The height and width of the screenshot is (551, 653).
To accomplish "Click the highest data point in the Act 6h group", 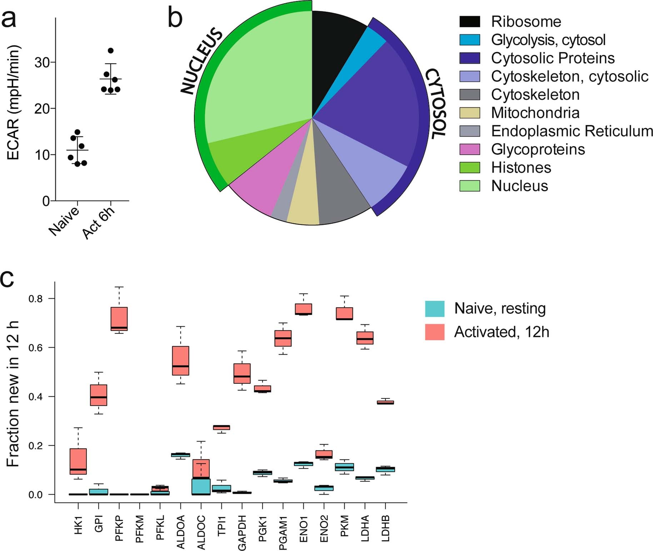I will click(110, 51).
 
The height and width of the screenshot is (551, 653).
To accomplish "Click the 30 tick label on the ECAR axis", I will click(42, 63).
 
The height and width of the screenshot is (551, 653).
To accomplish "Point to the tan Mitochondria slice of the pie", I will click(303, 207).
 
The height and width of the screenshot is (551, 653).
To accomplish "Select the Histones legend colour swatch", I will click(469, 168).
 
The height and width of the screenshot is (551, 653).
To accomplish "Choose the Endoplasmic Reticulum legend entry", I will click(572, 131).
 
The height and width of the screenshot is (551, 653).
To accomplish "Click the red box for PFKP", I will click(119, 319).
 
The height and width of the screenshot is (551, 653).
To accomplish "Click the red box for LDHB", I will click(385, 402).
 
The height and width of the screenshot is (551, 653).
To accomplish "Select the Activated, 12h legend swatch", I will click(434, 332).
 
